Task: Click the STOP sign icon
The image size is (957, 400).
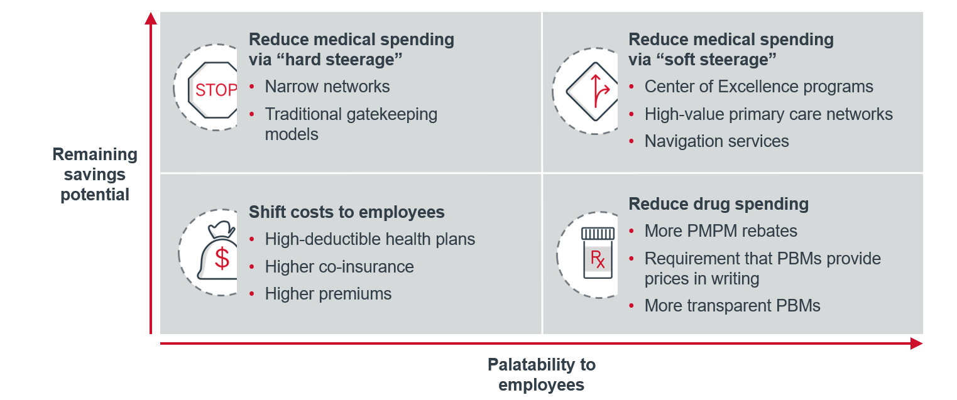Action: point(213,90)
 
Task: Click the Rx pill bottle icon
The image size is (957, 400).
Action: point(598,252)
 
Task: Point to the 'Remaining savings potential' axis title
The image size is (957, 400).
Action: point(95,174)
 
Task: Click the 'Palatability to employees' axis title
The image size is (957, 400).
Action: point(541,374)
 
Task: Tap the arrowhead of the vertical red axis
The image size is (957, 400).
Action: point(151,18)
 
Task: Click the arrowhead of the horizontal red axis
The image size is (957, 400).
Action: point(916,343)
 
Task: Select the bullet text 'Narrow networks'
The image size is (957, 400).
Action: point(327,87)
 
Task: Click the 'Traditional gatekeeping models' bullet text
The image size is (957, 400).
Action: point(351,124)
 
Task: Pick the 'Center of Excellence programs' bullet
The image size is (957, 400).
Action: point(759,87)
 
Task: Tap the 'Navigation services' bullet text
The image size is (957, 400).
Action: point(716,141)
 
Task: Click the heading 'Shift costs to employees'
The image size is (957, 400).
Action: point(346,212)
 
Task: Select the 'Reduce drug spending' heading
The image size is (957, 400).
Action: point(719,204)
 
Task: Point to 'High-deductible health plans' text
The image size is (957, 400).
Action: point(370,239)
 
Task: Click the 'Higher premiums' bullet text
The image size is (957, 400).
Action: point(328,294)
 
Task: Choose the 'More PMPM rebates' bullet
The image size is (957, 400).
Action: point(721,231)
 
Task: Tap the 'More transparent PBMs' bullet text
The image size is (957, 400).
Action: point(732,306)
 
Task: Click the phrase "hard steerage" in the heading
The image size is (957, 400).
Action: point(340,60)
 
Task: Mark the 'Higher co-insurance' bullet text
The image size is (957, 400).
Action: point(339,267)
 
